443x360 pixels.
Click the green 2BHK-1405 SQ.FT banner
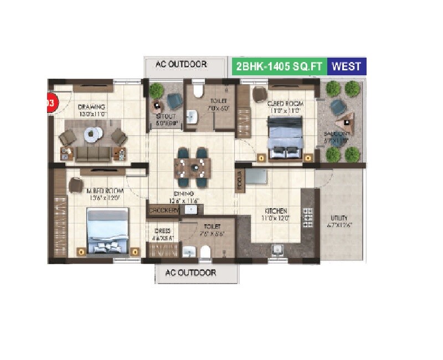point(279,67)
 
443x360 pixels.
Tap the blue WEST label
point(346,67)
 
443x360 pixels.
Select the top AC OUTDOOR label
point(181,64)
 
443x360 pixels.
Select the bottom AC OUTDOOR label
point(190,273)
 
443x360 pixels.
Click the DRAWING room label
point(91,107)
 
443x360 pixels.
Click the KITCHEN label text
point(275,211)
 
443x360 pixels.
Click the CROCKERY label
point(164,210)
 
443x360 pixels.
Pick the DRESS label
point(163,231)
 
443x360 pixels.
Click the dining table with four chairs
point(192,165)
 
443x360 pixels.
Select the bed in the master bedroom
point(108,230)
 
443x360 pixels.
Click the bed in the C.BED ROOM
point(285,136)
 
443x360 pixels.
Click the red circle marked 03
point(50,103)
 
